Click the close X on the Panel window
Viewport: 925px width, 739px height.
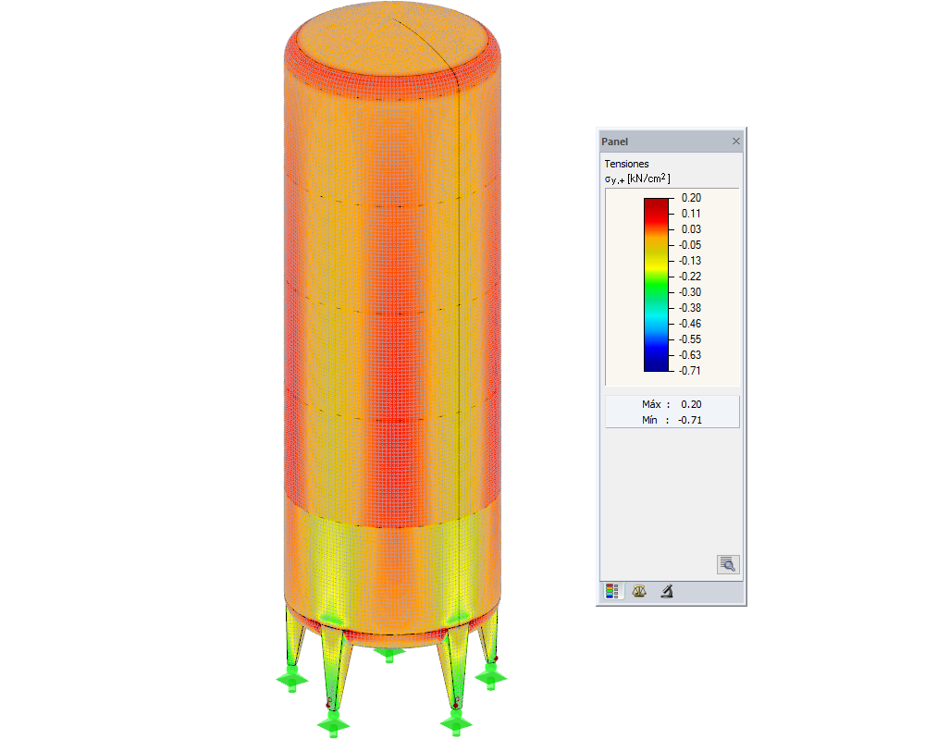[x=736, y=142]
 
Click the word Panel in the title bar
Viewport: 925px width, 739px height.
[x=614, y=142]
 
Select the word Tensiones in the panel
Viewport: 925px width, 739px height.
[x=626, y=164]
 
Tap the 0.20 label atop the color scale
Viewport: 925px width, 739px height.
[x=691, y=197]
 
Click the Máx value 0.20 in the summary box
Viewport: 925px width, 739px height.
[x=691, y=404]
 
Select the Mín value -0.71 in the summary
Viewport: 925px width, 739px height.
[x=689, y=420]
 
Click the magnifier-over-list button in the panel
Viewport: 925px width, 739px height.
[x=728, y=563]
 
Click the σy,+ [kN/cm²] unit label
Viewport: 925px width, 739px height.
[x=637, y=179]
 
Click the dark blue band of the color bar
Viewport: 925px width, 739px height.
[x=657, y=363]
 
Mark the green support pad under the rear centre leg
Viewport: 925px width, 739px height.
[x=389, y=653]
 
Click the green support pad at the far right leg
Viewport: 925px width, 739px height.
[x=489, y=676]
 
